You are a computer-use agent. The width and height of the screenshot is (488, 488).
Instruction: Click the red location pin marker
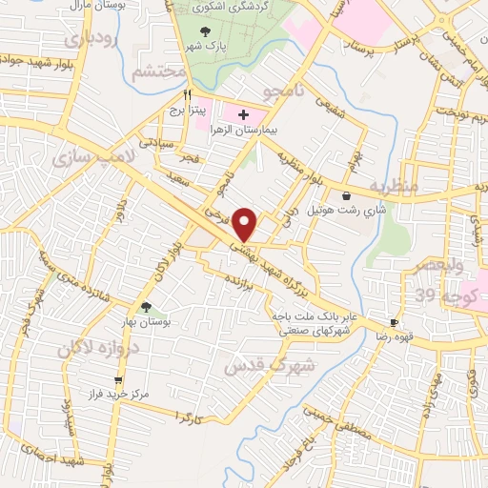pyautogui.click(x=246, y=223)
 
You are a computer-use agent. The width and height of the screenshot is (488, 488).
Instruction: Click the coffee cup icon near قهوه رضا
pyautogui.click(x=395, y=323)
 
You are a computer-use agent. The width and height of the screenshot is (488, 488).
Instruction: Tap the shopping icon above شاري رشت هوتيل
pyautogui.click(x=358, y=196)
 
